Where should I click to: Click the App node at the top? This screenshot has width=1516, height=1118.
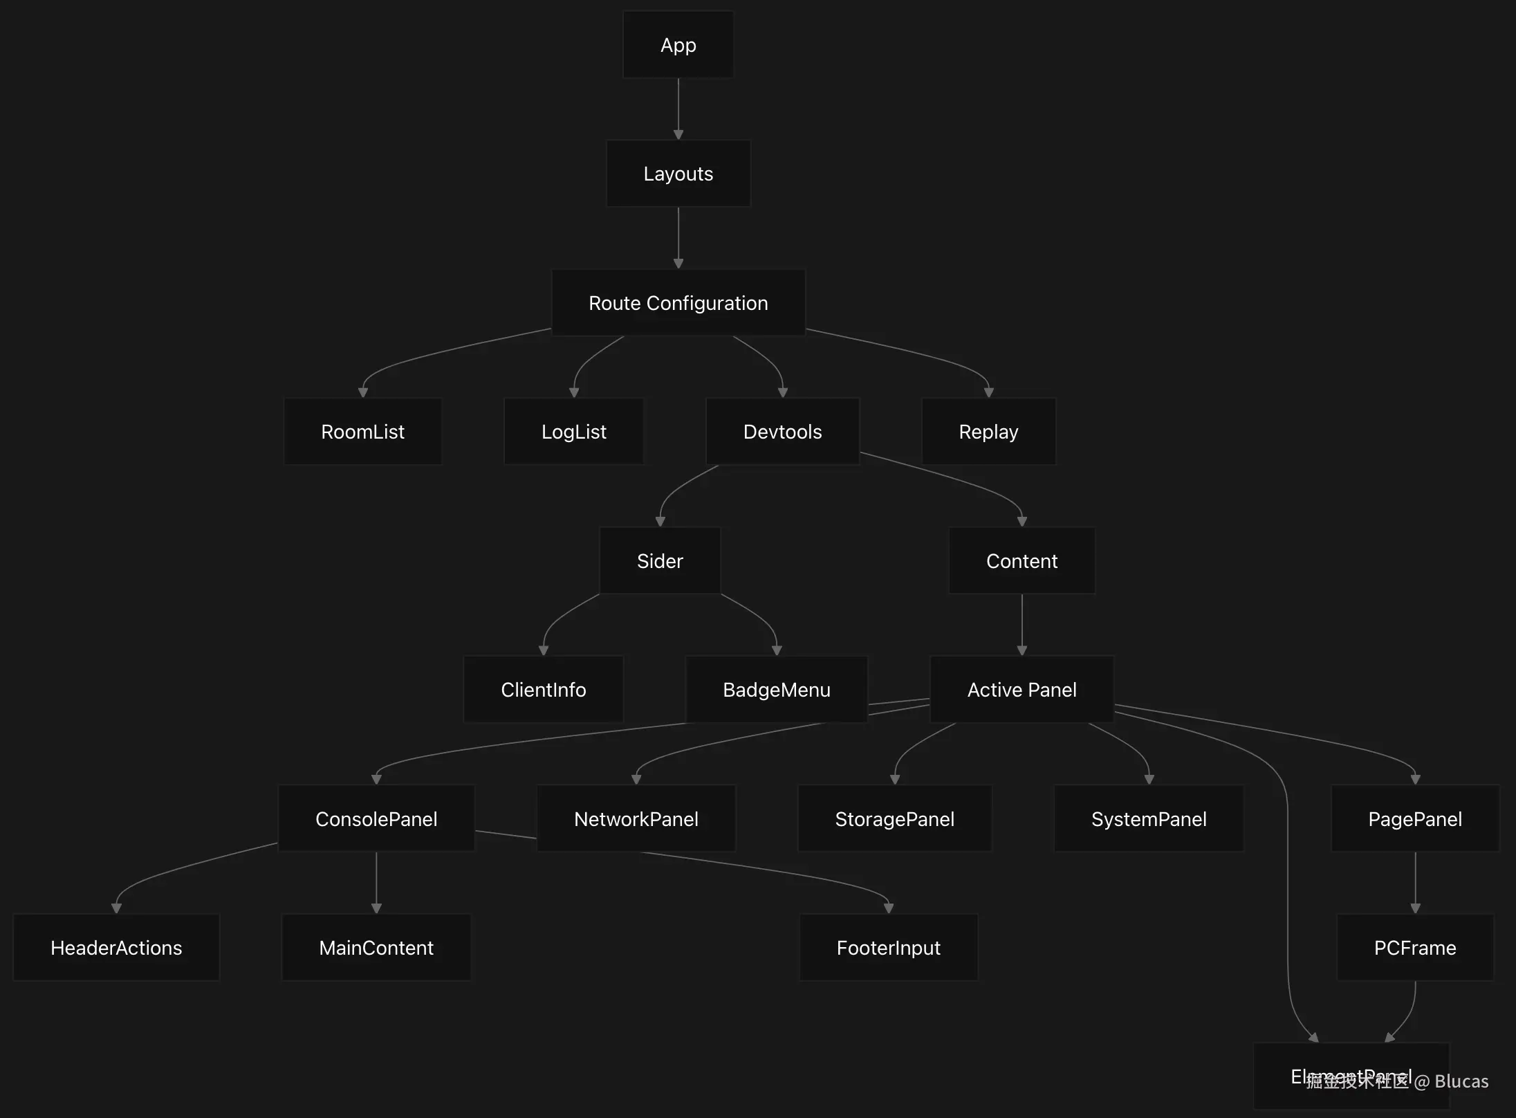pos(678,45)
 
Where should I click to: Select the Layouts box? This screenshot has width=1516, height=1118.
pos(678,174)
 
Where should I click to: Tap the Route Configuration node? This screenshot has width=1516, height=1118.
pos(678,303)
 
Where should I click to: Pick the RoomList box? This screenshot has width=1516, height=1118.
pos(362,432)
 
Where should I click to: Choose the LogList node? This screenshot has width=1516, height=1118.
pos(573,432)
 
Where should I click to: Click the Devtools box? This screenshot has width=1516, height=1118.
pos(782,432)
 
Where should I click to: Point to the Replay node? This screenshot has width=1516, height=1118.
pos(988,432)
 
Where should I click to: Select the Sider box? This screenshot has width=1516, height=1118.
pos(660,561)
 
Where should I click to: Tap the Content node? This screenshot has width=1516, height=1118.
pos(1022,561)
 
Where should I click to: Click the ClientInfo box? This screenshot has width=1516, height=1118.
pos(543,690)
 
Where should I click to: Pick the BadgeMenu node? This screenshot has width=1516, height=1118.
pos(776,690)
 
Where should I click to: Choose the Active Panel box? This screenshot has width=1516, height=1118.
pos(1022,690)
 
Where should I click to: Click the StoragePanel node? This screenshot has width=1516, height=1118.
pos(894,819)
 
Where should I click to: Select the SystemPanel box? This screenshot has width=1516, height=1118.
pos(1148,819)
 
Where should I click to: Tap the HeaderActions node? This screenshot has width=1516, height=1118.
pos(116,948)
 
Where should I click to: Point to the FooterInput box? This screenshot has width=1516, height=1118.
pos(888,948)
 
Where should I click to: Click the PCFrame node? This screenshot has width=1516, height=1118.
pos(1415,948)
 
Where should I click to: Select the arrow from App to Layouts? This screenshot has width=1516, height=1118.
pos(678,108)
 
